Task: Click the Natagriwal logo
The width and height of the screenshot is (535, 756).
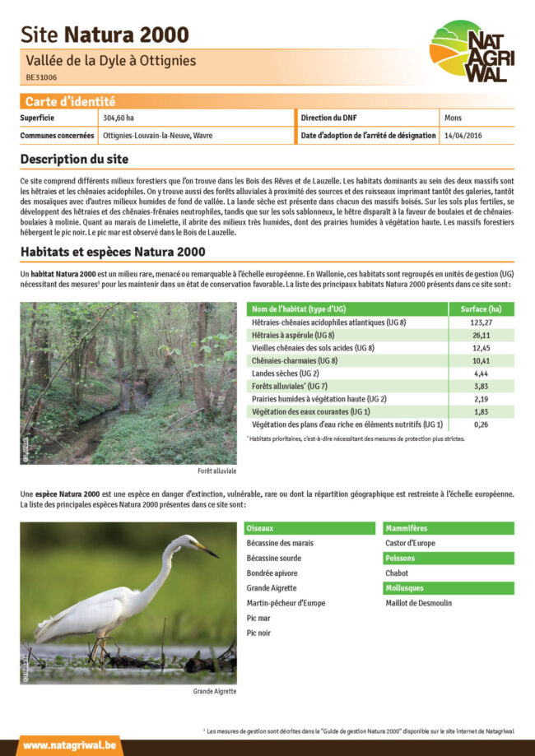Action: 467,51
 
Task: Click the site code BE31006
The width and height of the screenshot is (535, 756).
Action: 41,77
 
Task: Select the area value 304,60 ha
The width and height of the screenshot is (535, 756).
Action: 119,118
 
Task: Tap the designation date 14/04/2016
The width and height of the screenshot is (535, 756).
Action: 464,135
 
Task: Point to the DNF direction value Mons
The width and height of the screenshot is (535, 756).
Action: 453,118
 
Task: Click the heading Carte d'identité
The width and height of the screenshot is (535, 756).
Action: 70,102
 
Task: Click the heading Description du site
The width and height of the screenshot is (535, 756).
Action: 74,159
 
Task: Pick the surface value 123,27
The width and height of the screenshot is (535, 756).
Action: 481,322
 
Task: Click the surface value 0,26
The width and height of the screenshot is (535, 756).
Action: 481,424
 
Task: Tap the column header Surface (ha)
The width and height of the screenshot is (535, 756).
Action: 481,309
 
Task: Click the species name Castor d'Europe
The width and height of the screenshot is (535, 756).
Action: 410,543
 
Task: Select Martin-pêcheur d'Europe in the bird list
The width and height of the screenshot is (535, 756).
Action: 286,603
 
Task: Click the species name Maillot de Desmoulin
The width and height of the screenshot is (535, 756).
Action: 418,603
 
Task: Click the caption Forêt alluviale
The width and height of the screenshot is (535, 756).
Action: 217,471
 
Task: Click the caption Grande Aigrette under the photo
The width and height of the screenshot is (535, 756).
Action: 215,691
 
